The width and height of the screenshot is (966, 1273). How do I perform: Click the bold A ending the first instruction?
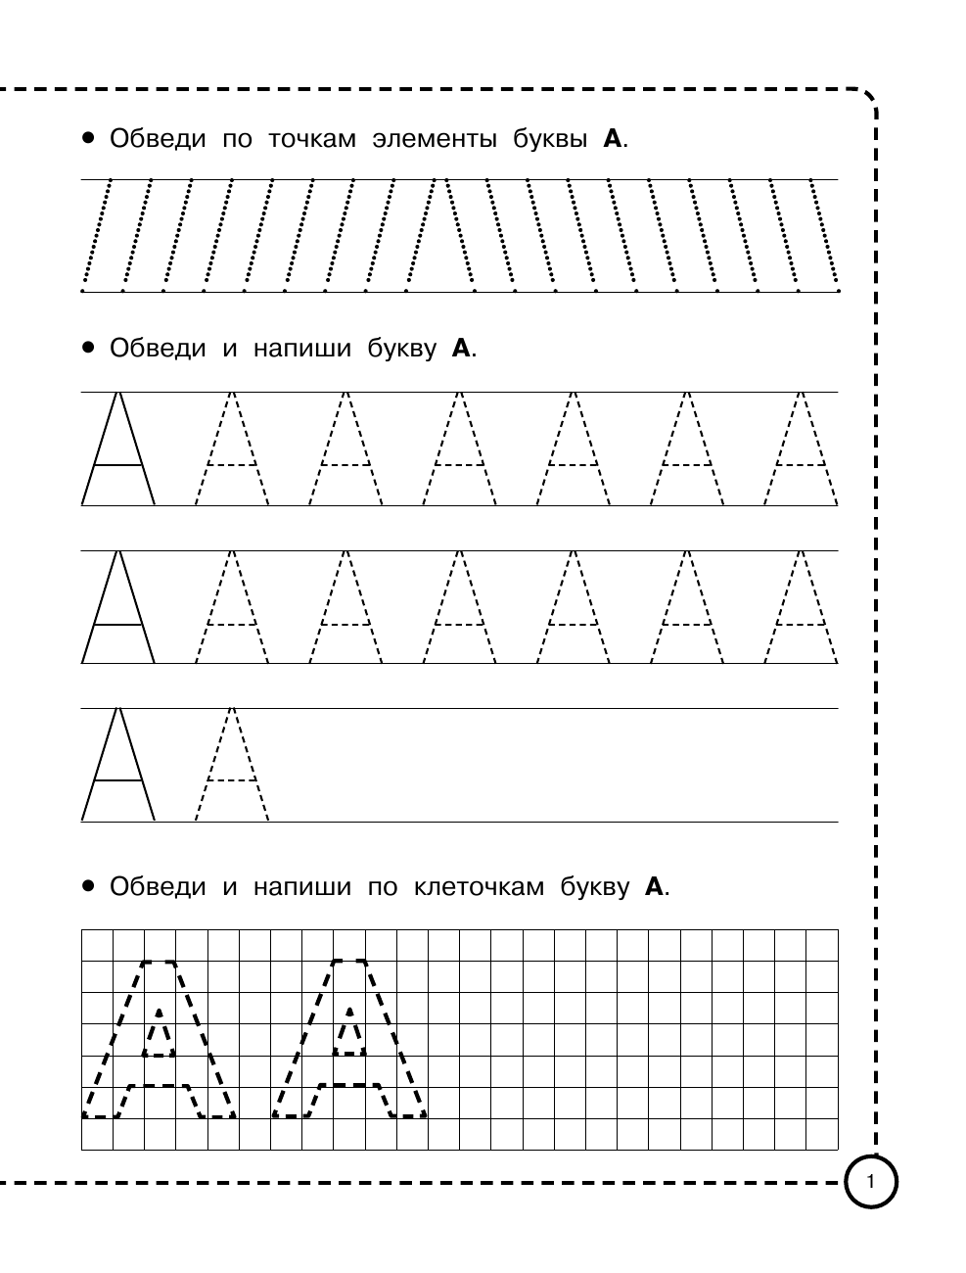tap(613, 138)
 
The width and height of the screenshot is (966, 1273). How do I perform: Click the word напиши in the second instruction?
tap(301, 348)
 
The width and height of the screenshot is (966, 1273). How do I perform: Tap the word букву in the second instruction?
tap(402, 348)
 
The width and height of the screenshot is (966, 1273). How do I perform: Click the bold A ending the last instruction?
tap(654, 887)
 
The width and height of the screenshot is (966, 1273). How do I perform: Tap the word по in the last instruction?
tap(383, 887)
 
